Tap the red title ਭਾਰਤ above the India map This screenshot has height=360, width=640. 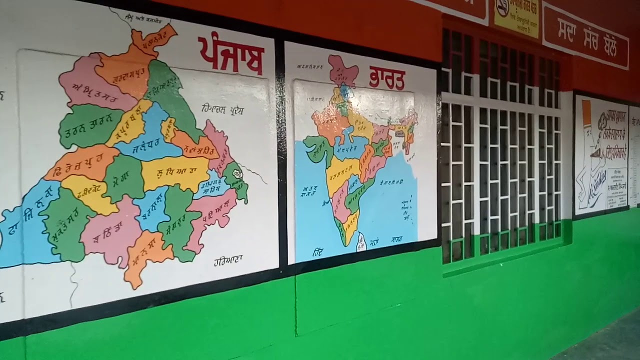click(386, 78)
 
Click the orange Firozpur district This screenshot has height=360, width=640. click(80, 162)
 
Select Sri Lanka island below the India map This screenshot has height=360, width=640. click(360, 243)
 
